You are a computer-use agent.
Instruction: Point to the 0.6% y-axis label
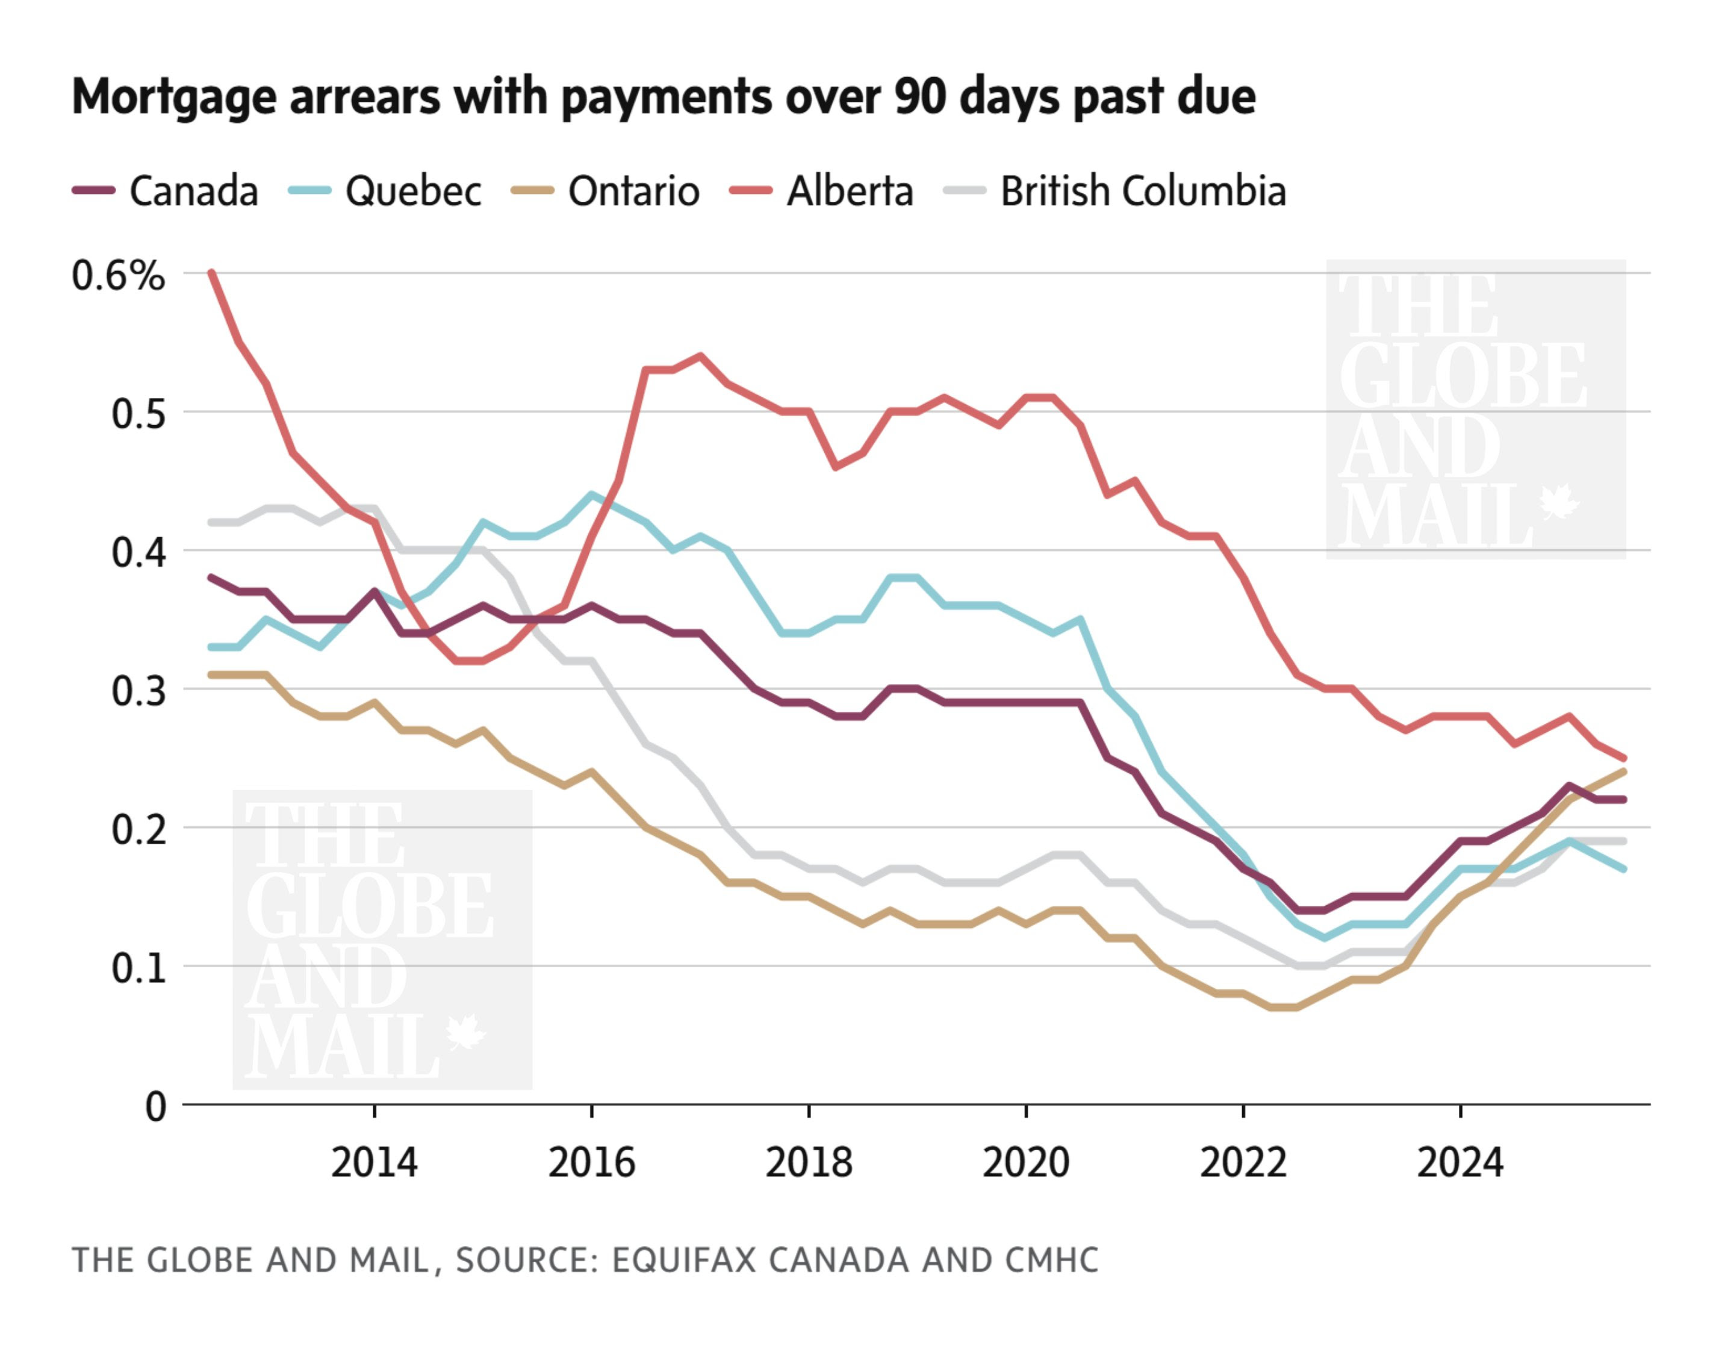coord(117,276)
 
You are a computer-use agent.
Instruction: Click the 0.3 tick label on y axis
coord(138,691)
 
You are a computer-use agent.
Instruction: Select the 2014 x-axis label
coord(373,1163)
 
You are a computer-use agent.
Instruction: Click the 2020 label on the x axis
coord(1025,1163)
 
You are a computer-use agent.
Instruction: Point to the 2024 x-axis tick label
coord(1460,1163)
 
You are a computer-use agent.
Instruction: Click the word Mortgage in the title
coord(175,98)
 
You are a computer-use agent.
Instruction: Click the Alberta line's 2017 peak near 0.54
coord(700,355)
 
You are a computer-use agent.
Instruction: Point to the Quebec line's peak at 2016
coord(591,494)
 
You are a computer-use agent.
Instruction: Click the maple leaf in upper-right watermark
coord(1559,503)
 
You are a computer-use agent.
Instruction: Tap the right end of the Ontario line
coord(1623,771)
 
